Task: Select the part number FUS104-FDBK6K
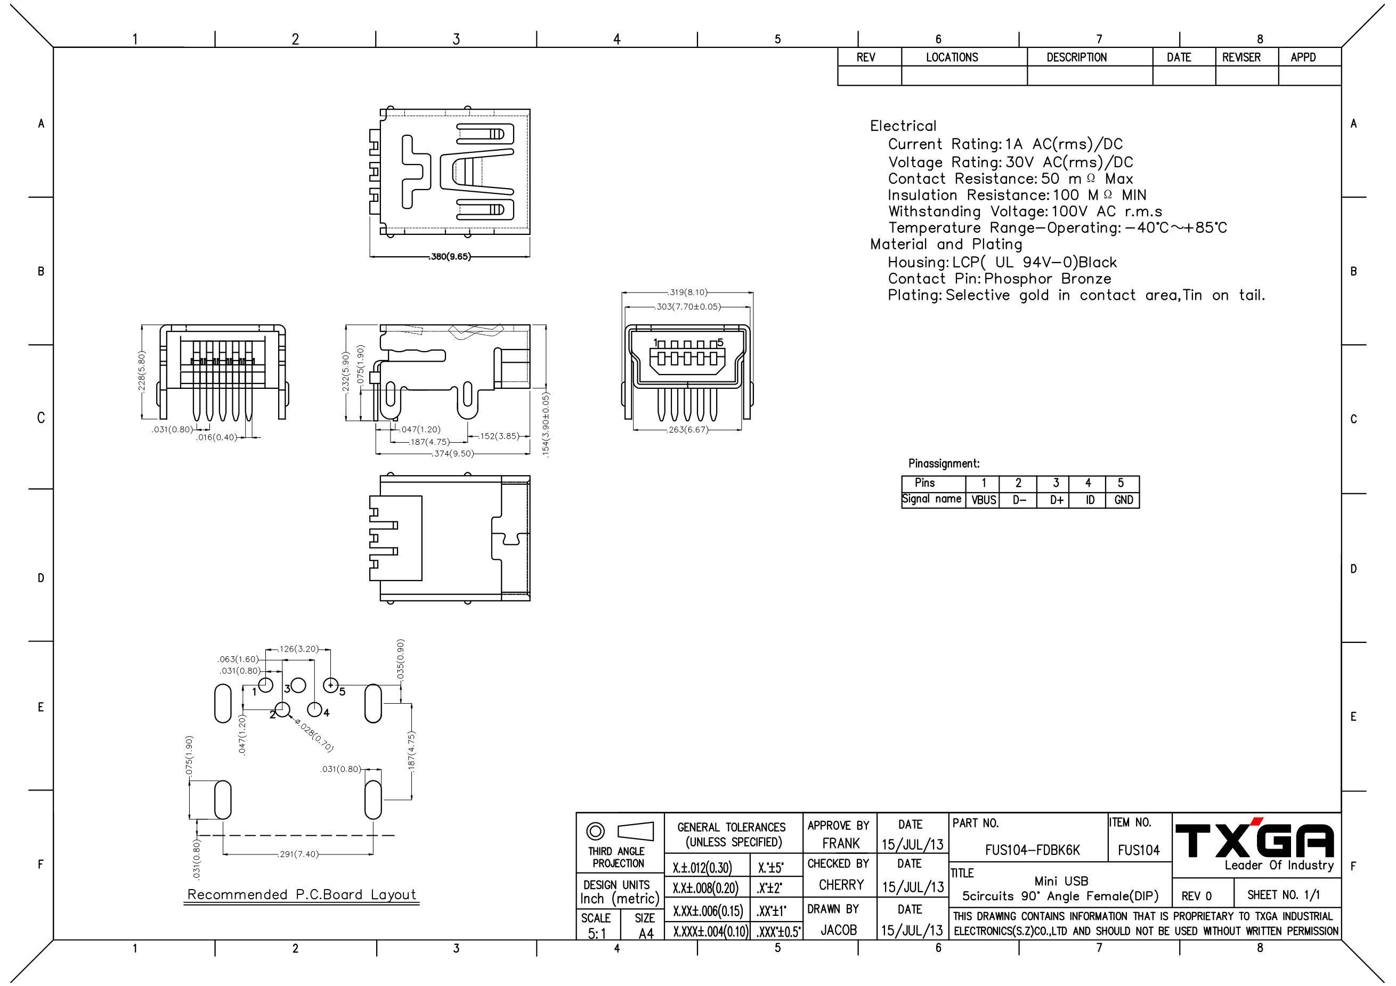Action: point(1033,850)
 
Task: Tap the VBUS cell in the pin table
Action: point(984,500)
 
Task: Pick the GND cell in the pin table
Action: point(1124,500)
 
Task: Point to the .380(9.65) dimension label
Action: point(450,257)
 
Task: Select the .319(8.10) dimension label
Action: point(688,292)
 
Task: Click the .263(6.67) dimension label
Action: point(688,430)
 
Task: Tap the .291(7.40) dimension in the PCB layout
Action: point(298,854)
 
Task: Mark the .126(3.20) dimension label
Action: point(298,649)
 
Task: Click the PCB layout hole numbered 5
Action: point(330,685)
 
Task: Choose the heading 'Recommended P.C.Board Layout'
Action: point(302,894)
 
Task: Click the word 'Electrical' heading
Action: point(903,126)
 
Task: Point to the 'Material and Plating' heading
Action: point(946,245)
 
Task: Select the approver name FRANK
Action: point(841,843)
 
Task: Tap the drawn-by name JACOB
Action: point(839,930)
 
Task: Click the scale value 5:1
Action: point(596,933)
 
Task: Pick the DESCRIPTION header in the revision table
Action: point(1077,57)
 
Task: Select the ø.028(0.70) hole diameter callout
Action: point(314,735)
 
